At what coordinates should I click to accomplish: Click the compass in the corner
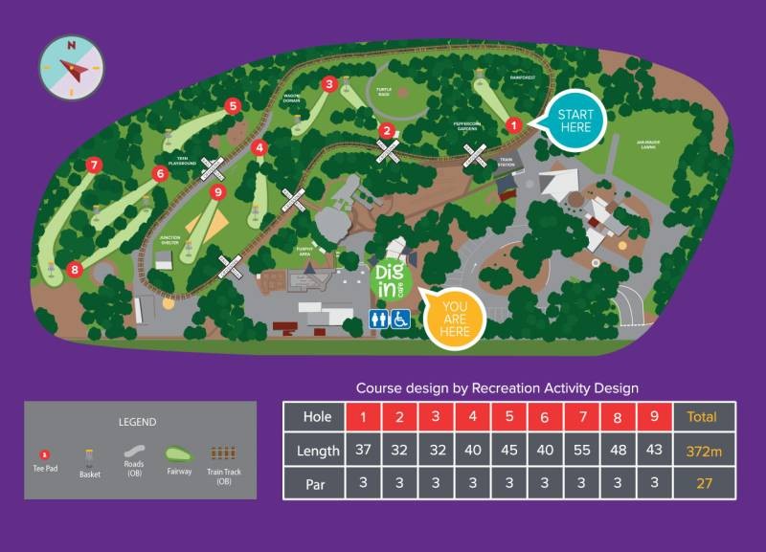(71, 67)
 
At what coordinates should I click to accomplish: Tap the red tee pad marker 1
(513, 124)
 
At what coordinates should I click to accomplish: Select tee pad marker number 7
(93, 166)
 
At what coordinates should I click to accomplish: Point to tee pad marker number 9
(217, 192)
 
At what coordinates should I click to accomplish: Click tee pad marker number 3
(329, 84)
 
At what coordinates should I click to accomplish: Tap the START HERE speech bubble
(574, 121)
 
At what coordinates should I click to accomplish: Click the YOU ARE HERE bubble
(456, 319)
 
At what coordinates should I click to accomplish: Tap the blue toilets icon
(379, 319)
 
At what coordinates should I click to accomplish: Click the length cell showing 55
(579, 450)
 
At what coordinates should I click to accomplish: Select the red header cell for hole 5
(509, 417)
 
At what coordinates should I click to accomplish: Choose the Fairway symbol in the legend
(178, 454)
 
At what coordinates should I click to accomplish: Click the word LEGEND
(137, 422)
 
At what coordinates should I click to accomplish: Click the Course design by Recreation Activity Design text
(497, 387)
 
